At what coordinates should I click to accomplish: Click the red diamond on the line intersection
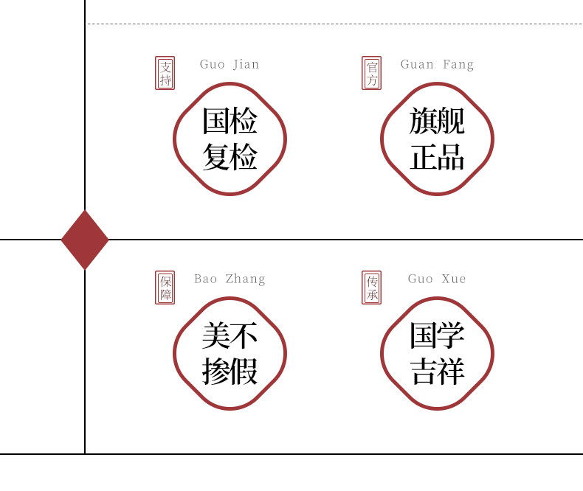(85, 240)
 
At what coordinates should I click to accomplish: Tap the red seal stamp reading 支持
(165, 73)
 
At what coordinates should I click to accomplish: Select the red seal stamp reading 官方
(372, 73)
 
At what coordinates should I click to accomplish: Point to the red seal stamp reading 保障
(165, 288)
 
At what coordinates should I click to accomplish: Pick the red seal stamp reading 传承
(372, 288)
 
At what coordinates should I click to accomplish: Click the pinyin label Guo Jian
(230, 64)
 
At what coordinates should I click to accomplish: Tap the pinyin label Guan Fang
(437, 64)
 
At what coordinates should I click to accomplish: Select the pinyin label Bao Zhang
(230, 279)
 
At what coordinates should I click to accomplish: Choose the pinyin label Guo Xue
(437, 279)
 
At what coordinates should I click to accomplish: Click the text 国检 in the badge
(230, 121)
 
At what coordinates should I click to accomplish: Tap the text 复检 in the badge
(230, 156)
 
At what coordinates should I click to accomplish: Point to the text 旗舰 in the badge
(437, 121)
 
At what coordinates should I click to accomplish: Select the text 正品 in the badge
(437, 156)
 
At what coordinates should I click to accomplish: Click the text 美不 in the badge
(230, 336)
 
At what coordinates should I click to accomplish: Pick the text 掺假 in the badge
(230, 372)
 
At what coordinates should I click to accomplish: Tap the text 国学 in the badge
(437, 336)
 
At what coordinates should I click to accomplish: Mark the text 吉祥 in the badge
(437, 372)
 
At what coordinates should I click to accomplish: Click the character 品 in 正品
(451, 156)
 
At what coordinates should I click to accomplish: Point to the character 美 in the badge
(215, 336)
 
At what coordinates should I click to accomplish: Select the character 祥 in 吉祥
(451, 372)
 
